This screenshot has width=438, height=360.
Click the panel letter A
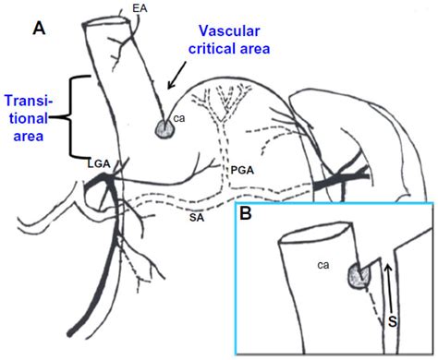click(40, 30)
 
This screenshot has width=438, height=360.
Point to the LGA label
click(101, 162)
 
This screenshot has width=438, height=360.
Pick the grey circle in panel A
click(164, 130)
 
